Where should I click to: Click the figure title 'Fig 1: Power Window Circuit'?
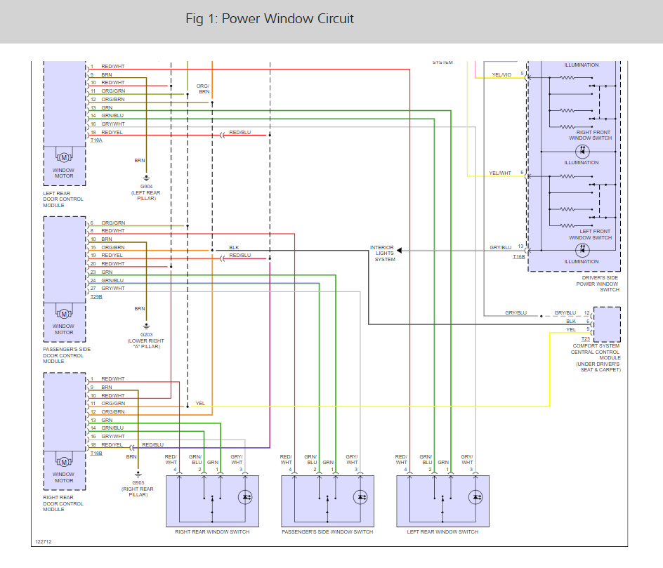(270, 19)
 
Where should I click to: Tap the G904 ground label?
(146, 186)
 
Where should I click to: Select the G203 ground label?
(146, 334)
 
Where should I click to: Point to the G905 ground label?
(138, 482)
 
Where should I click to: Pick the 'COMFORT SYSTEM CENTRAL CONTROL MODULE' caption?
(596, 352)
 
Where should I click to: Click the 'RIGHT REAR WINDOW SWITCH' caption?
(212, 531)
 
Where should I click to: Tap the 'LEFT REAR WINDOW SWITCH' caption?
(442, 531)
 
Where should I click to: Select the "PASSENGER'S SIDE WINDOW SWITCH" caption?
(327, 531)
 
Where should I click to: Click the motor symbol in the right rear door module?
(65, 462)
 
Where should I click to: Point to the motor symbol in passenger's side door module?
(65, 314)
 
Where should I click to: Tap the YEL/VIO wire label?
(501, 75)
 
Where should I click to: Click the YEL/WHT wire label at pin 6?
(500, 173)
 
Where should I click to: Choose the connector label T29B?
(96, 297)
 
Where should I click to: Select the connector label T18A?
(96, 140)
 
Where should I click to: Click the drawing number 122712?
(44, 541)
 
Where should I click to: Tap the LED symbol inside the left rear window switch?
(475, 497)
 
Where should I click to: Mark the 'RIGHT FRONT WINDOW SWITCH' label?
(591, 136)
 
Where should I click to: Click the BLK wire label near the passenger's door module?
(235, 248)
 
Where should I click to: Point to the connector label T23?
(586, 339)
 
